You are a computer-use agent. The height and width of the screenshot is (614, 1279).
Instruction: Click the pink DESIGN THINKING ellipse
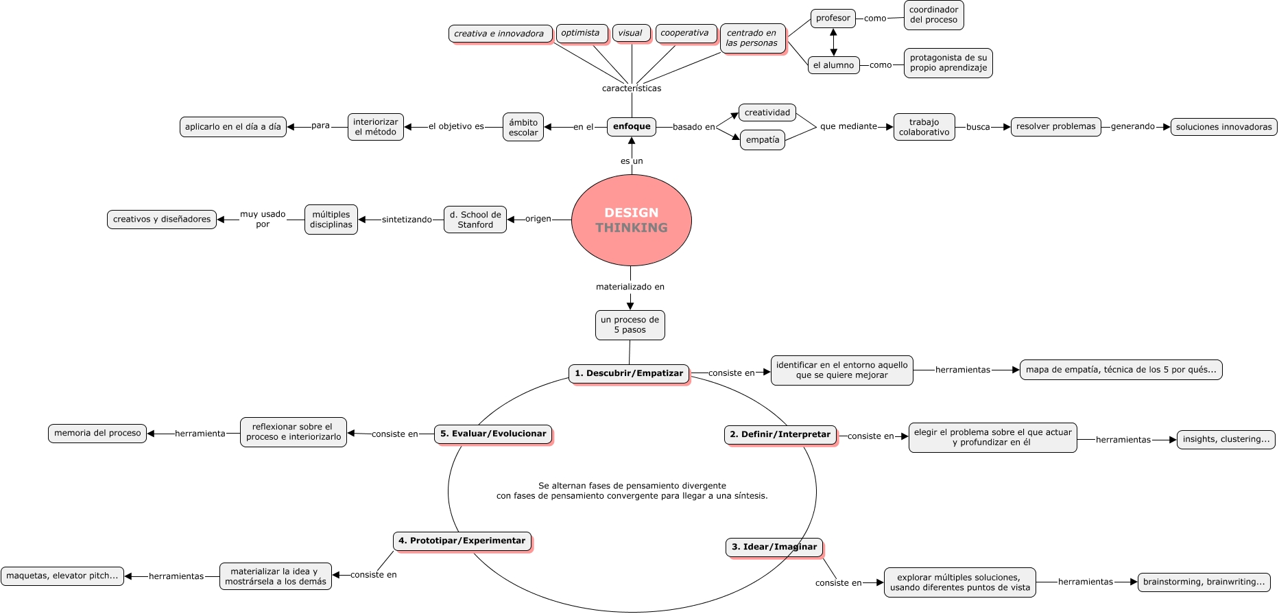[631, 220]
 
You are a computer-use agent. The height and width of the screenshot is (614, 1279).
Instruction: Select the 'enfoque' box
[632, 126]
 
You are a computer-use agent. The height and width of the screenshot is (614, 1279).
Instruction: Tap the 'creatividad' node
[767, 113]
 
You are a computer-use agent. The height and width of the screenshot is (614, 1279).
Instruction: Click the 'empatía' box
[763, 139]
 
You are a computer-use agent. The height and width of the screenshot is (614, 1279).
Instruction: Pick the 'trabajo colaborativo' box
[924, 127]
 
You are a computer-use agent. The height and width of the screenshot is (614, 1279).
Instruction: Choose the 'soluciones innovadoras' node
[1223, 127]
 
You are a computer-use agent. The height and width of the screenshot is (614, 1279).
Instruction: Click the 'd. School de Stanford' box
[475, 220]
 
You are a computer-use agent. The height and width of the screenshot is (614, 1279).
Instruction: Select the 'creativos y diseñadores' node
[162, 220]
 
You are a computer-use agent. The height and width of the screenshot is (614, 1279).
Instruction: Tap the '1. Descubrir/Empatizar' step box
[628, 373]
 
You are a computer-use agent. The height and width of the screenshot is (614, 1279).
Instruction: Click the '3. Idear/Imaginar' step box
[774, 547]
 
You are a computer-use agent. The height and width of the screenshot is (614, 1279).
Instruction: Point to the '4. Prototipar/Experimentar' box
[462, 541]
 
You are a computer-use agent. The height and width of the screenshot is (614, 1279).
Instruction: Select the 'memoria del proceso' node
[97, 433]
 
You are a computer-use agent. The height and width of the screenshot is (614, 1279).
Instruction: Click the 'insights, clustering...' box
[1226, 439]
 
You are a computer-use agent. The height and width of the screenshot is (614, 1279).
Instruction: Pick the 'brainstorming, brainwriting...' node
[1204, 582]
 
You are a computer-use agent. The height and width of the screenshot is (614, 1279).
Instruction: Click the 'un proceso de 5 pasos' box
[630, 324]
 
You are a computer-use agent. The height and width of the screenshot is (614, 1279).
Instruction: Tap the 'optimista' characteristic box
[581, 33]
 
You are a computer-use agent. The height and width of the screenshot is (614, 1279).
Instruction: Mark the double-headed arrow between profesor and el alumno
[833, 42]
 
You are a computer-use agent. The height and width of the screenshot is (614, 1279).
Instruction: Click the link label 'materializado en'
[630, 287]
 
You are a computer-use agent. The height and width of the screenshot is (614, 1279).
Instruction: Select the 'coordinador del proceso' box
[933, 15]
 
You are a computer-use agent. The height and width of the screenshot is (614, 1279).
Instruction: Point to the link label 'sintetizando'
[407, 220]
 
